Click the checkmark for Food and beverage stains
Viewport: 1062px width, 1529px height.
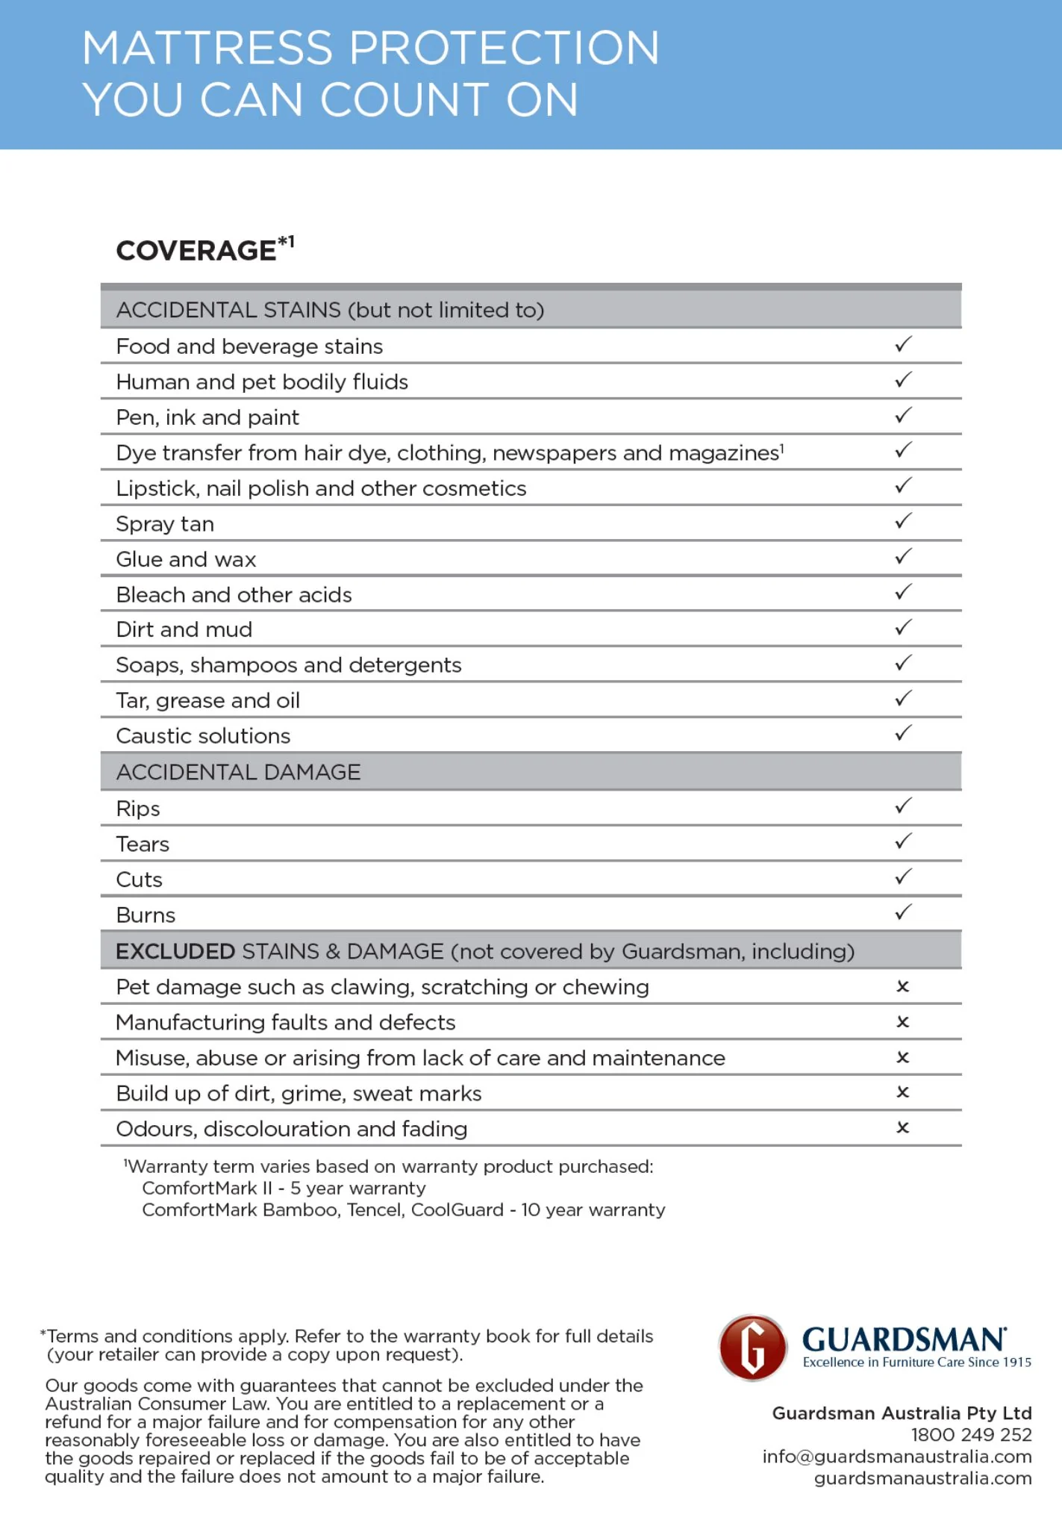click(903, 345)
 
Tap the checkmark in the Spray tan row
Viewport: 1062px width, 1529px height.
click(903, 521)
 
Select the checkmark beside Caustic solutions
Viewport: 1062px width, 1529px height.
click(903, 733)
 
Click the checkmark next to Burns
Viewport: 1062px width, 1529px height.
click(903, 912)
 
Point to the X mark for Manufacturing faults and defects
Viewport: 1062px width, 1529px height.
click(902, 1022)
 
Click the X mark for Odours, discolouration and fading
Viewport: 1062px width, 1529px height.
click(902, 1128)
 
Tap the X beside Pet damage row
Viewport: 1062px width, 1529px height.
click(902, 987)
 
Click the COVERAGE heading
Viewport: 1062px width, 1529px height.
click(196, 251)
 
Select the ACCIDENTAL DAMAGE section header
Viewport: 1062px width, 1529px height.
click(238, 772)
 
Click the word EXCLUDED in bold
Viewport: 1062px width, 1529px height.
click(175, 952)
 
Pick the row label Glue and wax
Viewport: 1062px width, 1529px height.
click(186, 559)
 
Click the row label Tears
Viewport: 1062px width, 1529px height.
click(143, 844)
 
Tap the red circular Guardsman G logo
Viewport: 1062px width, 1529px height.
click(752, 1348)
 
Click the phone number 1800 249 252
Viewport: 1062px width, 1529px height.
click(971, 1435)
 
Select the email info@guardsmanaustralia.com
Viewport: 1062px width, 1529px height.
click(896, 1457)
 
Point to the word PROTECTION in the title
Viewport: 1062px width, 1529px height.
click(505, 48)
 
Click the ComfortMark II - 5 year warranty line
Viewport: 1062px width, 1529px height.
click(284, 1189)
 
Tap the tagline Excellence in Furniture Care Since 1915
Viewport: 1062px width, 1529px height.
click(916, 1363)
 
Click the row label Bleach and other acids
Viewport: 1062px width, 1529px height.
click(234, 595)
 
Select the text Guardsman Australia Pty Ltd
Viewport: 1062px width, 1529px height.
click(902, 1413)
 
